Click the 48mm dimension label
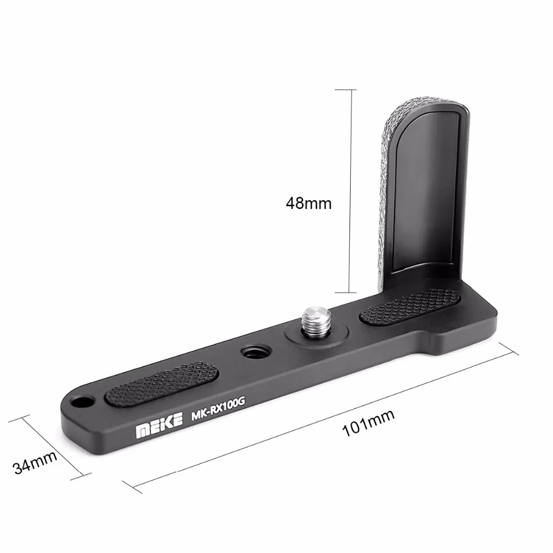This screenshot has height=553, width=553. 309,203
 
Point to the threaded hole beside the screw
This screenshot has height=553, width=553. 251,352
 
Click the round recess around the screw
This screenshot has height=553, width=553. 293,337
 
